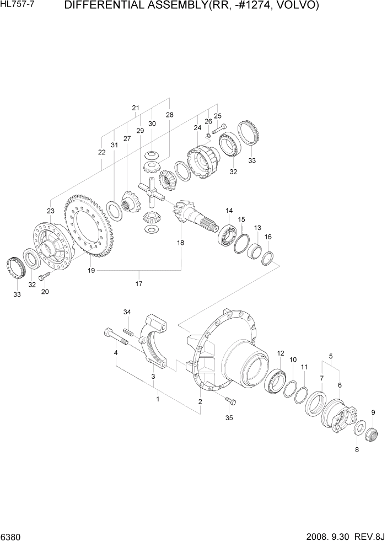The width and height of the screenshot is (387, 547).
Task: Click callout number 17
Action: (139, 284)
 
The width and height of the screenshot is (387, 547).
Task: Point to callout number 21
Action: (136, 108)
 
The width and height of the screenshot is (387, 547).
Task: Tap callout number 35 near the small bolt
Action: (229, 417)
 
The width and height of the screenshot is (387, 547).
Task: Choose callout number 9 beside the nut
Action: (373, 412)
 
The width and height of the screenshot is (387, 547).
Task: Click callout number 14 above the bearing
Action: (229, 211)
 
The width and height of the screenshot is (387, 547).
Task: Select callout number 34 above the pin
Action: (127, 313)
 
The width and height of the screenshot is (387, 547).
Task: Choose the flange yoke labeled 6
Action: (337, 415)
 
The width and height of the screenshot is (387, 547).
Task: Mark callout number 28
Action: (169, 115)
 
